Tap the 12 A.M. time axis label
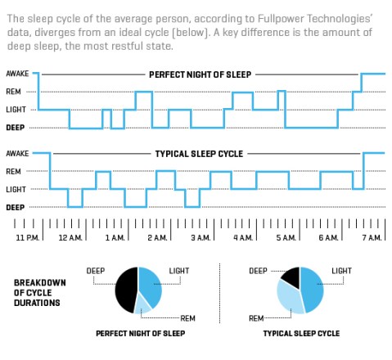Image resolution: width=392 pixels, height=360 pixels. [70, 237]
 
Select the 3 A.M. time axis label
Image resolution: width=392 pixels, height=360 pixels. [199, 237]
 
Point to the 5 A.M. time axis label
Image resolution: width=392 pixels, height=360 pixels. [285, 237]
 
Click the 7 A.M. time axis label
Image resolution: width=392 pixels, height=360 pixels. [371, 237]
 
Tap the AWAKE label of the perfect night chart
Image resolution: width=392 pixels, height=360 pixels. [17, 74]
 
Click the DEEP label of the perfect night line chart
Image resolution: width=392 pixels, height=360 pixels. [15, 128]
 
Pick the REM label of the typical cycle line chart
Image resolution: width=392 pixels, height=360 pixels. [13, 172]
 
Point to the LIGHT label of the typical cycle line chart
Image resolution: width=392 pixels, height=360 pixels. [16, 190]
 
